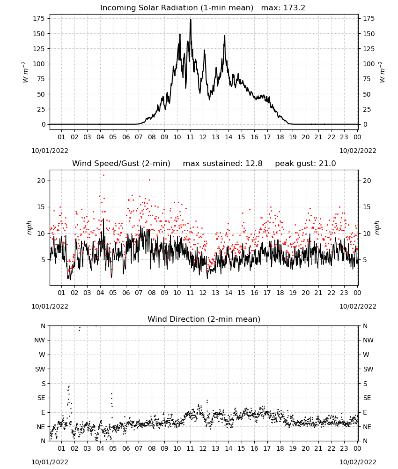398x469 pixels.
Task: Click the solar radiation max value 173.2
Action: (294, 8)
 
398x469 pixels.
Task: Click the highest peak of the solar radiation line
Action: (191, 20)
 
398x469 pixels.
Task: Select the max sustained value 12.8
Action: (254, 163)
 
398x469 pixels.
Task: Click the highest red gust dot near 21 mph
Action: (103, 175)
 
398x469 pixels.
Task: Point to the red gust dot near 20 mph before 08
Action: (149, 180)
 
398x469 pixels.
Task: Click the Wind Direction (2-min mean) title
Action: (204, 319)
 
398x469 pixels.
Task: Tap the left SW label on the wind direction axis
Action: (40, 369)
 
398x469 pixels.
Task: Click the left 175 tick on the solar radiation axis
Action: (39, 19)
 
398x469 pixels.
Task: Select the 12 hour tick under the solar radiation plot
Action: (203, 137)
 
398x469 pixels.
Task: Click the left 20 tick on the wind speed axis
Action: (41, 181)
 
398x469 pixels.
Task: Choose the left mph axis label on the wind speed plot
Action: (29, 227)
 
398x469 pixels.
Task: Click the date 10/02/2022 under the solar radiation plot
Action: (358, 151)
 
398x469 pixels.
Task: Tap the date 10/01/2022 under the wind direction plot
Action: (50, 462)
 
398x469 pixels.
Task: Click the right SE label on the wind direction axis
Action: (367, 398)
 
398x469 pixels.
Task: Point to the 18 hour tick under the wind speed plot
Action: (280, 293)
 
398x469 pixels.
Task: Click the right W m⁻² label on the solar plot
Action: (382, 72)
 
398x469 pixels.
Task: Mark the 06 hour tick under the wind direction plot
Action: (126, 448)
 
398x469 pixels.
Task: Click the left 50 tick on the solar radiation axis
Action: (41, 94)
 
